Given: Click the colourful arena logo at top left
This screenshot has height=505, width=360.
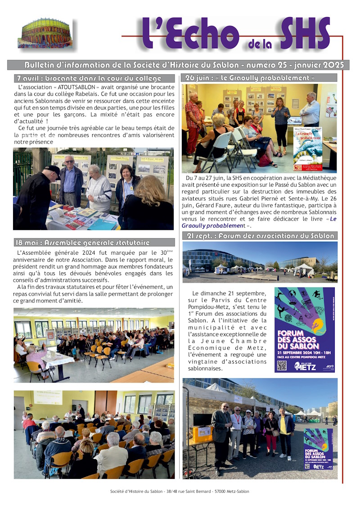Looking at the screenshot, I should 45,33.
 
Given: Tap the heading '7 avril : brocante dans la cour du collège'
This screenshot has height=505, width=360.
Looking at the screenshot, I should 89,78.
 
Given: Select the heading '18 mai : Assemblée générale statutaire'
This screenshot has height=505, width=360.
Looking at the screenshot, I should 89,243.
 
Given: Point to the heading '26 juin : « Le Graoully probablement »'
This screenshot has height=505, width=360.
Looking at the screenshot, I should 250,78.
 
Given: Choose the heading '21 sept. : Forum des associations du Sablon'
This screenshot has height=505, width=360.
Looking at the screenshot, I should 260,236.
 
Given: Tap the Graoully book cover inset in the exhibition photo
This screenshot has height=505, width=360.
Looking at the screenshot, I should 307,149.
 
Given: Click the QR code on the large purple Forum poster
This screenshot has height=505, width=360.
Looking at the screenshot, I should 282,365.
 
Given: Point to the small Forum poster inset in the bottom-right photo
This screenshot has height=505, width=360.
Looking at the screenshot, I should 318,449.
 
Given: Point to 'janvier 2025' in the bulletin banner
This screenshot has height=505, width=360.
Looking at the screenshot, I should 322,65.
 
